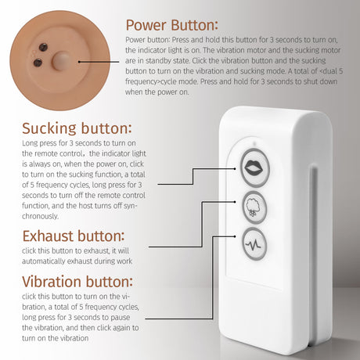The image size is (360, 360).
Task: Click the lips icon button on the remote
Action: [x=254, y=167]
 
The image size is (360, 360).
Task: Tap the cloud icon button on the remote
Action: [x=254, y=207]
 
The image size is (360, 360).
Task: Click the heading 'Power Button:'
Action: [x=171, y=25]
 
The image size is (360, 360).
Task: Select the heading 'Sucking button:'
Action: [x=77, y=128]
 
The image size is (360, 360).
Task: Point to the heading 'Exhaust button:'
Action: [x=74, y=236]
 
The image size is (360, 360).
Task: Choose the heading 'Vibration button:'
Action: [x=77, y=282]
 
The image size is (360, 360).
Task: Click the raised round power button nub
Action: [x=61, y=62]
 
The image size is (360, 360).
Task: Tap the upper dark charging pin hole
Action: [x=43, y=47]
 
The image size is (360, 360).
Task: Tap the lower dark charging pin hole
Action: [x=38, y=63]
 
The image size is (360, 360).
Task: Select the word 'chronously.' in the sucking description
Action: [x=40, y=216]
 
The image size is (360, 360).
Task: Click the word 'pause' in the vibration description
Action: [x=120, y=318]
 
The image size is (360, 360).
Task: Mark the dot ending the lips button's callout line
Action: [x=235, y=169]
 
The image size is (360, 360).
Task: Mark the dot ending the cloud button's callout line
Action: [x=235, y=202]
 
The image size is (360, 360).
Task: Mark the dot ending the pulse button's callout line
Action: [x=235, y=236]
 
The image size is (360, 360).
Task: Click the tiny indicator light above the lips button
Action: [x=255, y=143]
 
